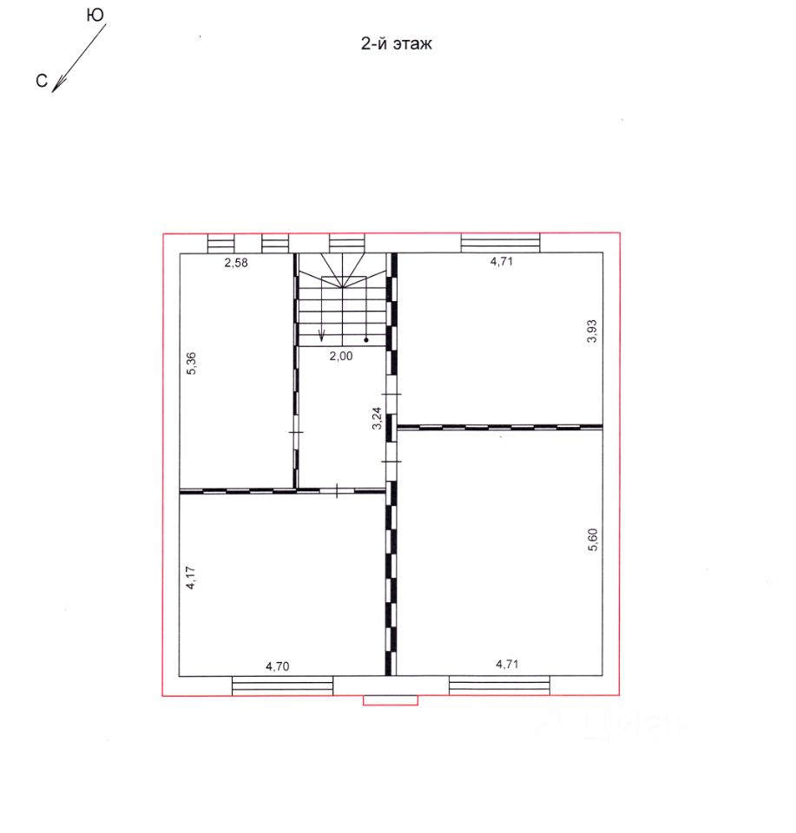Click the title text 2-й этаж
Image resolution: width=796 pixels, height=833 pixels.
tap(397, 43)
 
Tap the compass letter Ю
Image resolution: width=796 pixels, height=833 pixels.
tap(95, 16)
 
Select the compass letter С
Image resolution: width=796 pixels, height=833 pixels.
tap(42, 81)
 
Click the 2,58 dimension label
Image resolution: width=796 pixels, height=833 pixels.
tap(236, 262)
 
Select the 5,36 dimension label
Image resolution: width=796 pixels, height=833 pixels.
tap(192, 364)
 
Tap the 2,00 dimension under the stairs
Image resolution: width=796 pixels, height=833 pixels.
tap(340, 356)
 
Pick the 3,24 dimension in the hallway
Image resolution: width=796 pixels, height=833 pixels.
tap(377, 417)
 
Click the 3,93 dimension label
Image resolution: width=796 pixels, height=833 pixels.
tap(592, 331)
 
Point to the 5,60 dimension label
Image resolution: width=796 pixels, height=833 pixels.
tap(593, 540)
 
